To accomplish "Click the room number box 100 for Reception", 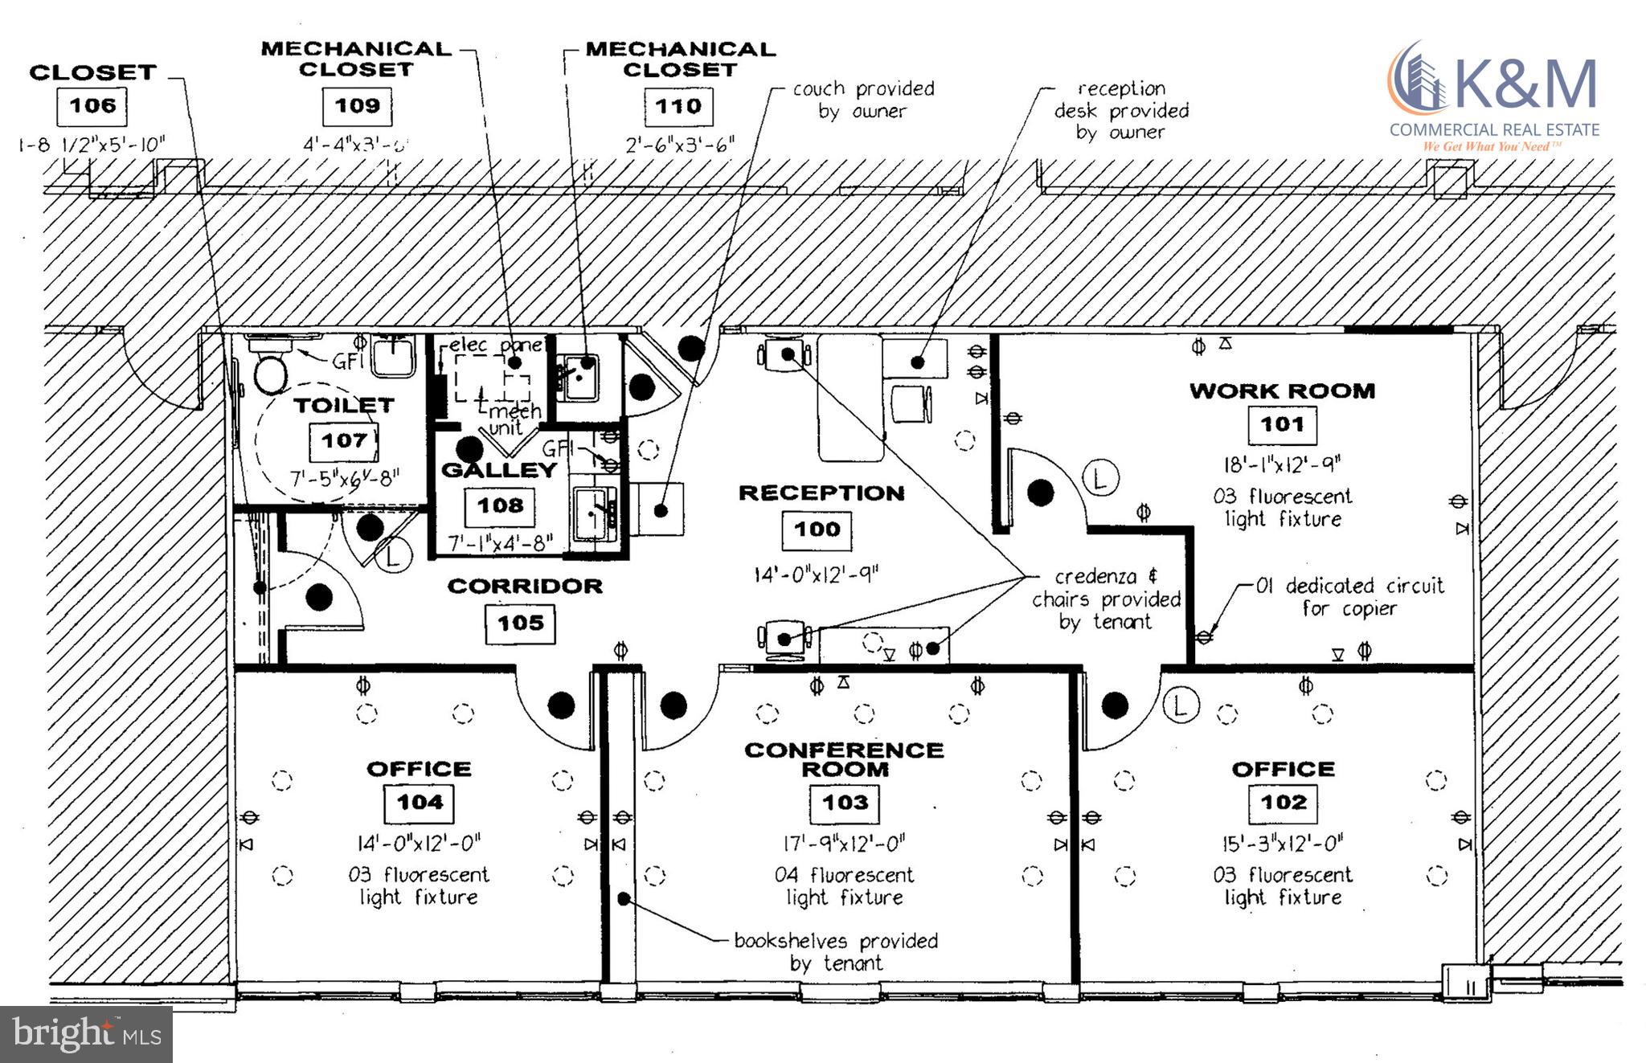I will [817, 529].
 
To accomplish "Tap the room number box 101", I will [1282, 424].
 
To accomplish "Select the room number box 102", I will [1284, 802].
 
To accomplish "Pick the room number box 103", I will [845, 802].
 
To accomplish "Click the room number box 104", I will [420, 802].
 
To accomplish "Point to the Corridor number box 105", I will [520, 623].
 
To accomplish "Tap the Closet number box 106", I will [92, 106].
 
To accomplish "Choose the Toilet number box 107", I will [344, 440].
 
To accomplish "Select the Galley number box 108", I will [500, 505].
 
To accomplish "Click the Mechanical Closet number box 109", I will [357, 106].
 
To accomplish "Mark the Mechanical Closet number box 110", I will [678, 106].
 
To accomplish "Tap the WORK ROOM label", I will [1282, 391].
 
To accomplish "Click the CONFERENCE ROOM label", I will [844, 759].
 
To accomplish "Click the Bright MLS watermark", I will [86, 1034].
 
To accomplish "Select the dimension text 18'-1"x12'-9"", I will [1281, 465].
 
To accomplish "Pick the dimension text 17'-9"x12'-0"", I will [844, 844].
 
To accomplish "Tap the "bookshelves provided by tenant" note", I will [836, 951].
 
